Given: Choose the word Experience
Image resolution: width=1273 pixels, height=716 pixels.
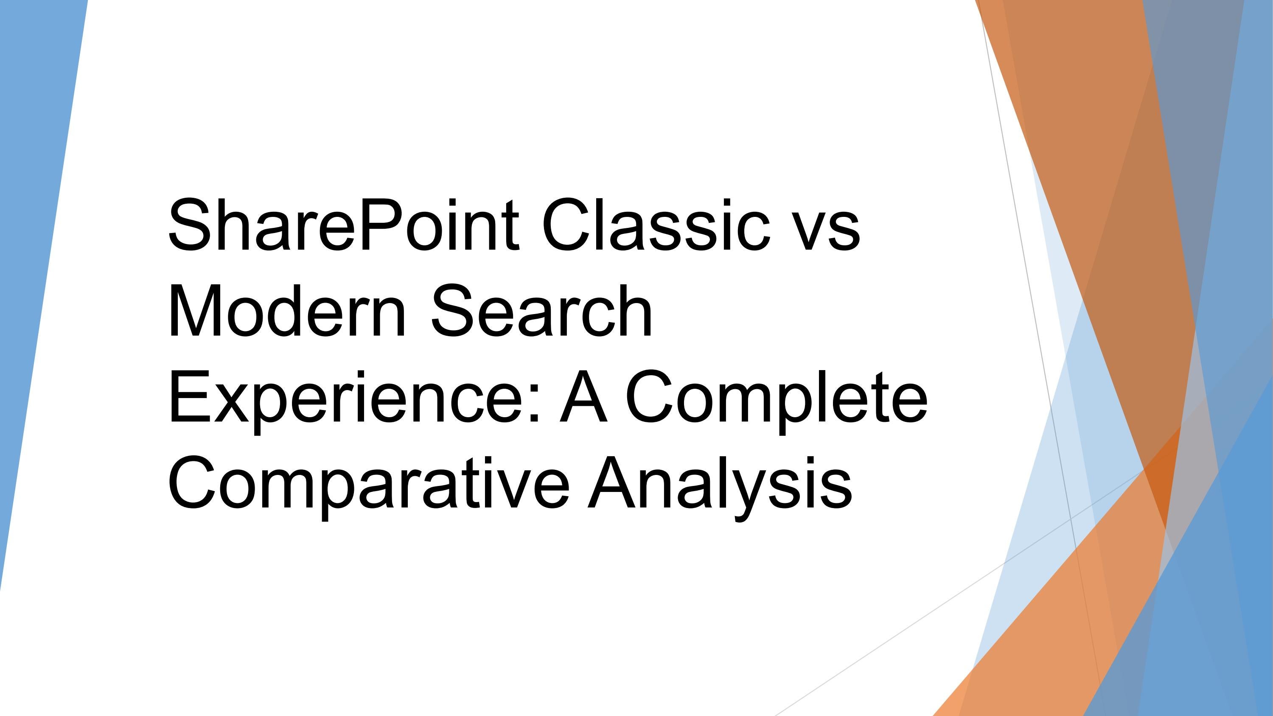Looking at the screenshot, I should click(x=346, y=398).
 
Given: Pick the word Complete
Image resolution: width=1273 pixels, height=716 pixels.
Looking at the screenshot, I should click(x=776, y=398).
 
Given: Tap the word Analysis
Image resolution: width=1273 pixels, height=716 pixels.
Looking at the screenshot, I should click(x=719, y=484).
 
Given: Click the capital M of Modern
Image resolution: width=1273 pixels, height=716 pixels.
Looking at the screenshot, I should click(x=198, y=311).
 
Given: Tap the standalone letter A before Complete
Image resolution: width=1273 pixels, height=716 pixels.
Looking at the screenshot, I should click(x=583, y=398).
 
